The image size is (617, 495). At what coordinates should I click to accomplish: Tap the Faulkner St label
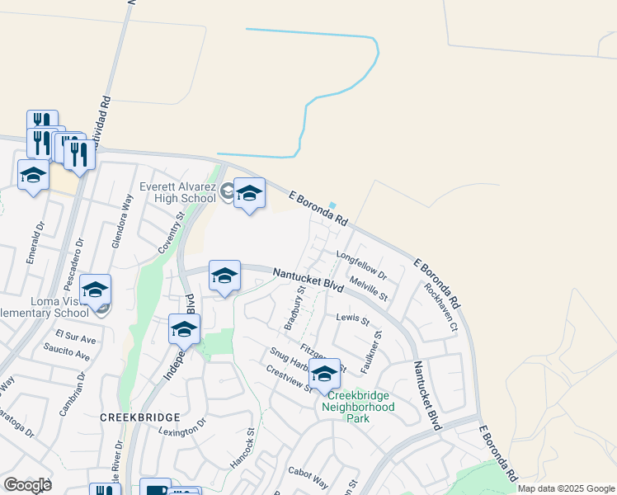tap(370, 352)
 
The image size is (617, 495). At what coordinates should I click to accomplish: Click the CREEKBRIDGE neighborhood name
tap(134, 417)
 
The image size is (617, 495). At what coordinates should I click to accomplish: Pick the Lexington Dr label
tap(183, 428)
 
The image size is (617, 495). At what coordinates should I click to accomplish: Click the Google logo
tap(27, 485)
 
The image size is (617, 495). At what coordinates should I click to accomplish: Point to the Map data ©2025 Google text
tap(566, 488)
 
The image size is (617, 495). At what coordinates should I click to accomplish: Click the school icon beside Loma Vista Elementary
tap(96, 291)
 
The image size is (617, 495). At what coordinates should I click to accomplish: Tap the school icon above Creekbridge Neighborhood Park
tap(325, 374)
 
